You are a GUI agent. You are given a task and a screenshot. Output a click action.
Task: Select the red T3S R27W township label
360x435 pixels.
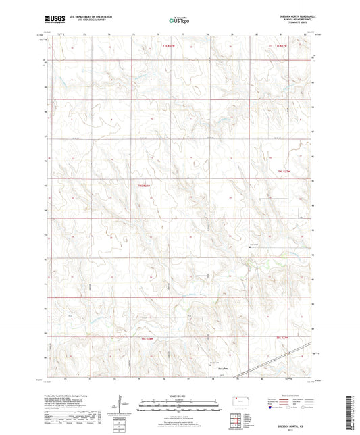(x=282, y=45)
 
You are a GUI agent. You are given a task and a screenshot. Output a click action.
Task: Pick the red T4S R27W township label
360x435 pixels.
(x=286, y=172)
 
